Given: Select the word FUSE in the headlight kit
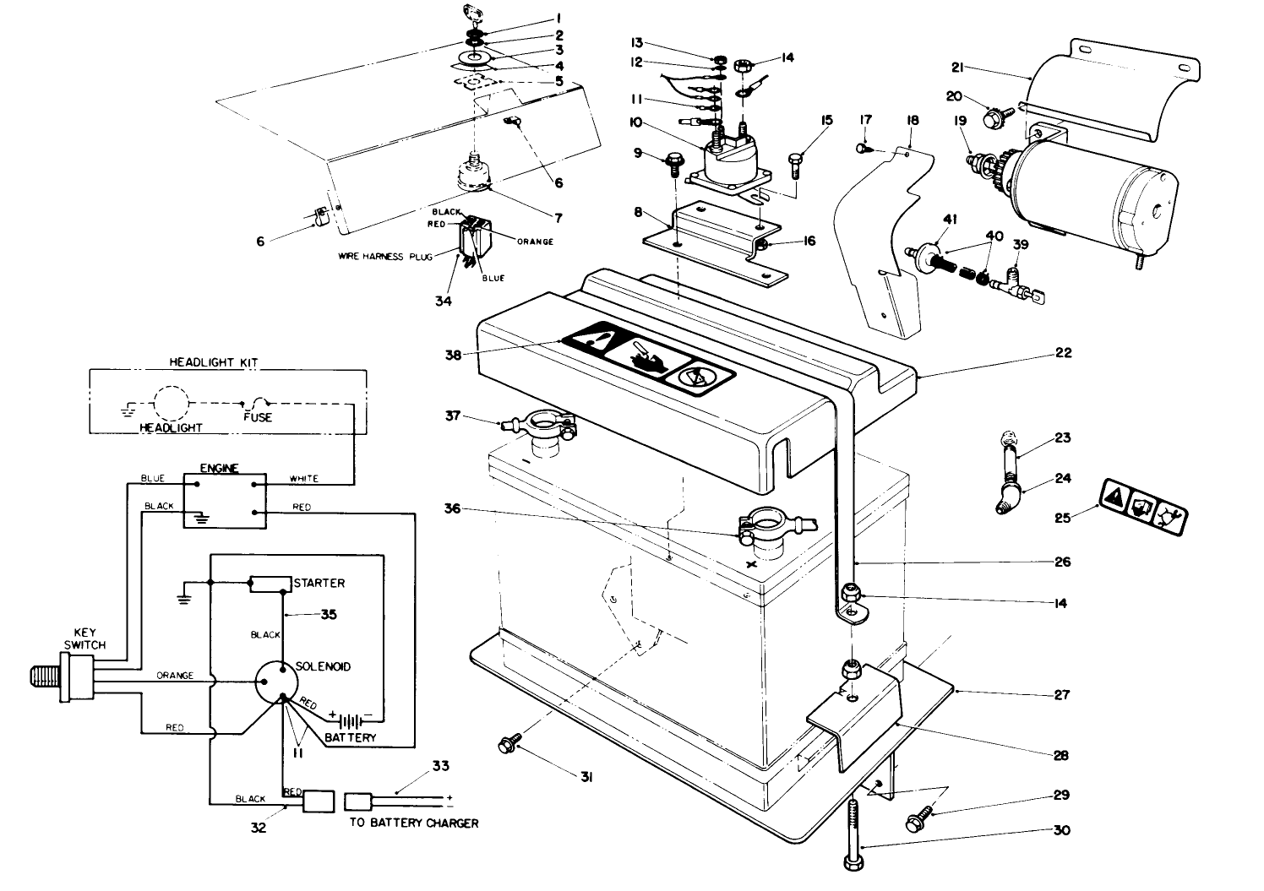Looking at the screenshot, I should point(257,417).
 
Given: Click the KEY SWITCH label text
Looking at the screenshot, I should point(88,638).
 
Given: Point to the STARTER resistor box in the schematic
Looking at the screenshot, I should point(269,584).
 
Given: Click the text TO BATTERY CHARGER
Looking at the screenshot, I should point(413,823).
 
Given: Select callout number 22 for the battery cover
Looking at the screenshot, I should point(1063,353).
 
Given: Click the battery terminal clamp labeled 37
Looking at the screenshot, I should point(541,423).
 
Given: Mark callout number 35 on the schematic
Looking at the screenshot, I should point(329,615).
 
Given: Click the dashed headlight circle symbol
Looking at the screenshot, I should point(169,404).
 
